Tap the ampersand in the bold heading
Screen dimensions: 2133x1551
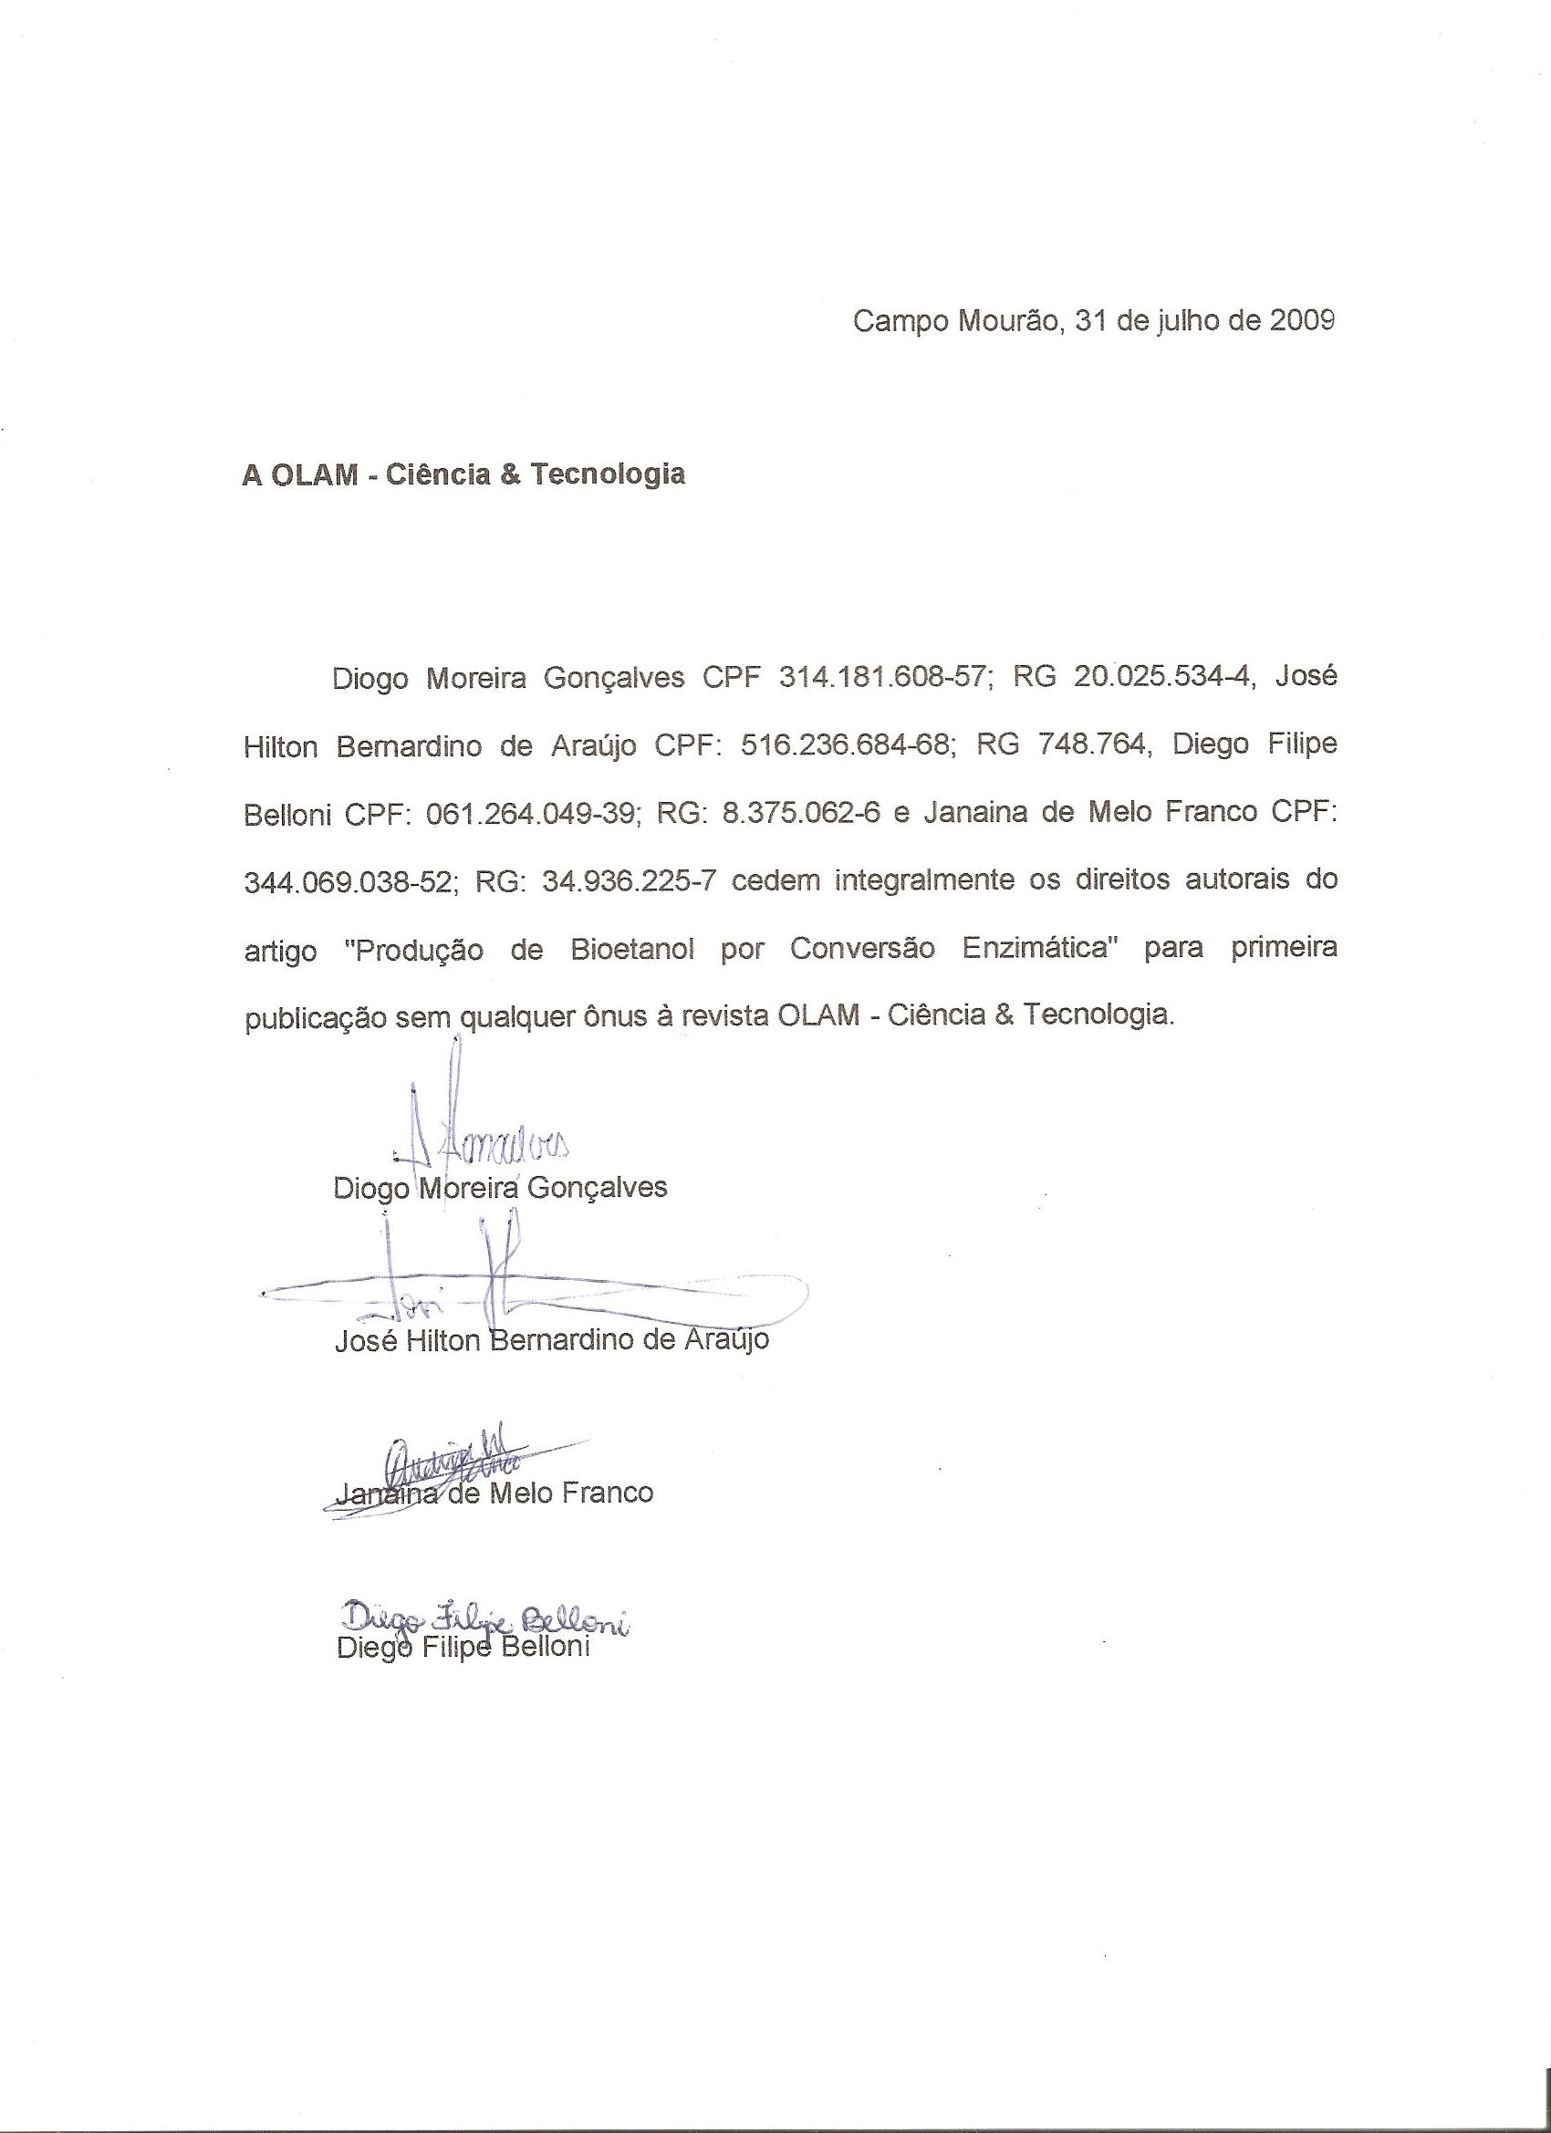(x=510, y=475)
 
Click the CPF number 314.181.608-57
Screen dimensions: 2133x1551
(x=886, y=678)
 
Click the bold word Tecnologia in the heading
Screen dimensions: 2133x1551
(x=608, y=475)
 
